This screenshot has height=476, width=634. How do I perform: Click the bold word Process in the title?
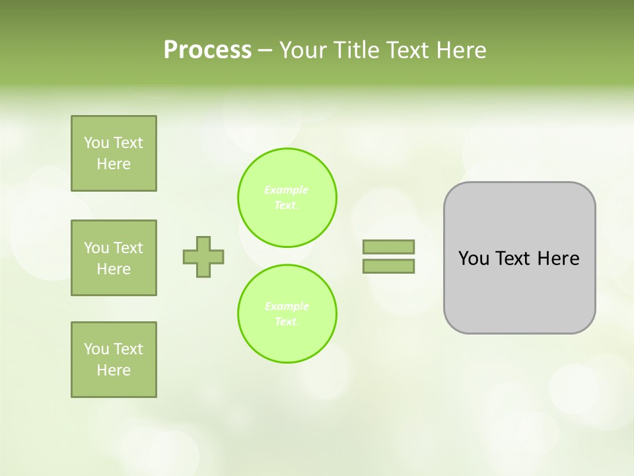coord(207,50)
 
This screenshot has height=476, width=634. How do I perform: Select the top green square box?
coord(114,153)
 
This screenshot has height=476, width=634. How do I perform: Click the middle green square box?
coord(114,258)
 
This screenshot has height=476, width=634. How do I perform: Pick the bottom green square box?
coord(114,360)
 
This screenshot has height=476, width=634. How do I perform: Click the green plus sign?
coord(203,257)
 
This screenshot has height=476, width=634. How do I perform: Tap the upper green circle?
coord(287,197)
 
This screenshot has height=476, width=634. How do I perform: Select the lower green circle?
coord(287,313)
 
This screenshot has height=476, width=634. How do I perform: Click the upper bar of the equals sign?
coord(388,247)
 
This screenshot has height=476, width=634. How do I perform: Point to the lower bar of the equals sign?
coord(388,266)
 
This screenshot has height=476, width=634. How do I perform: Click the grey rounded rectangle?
coord(520,291)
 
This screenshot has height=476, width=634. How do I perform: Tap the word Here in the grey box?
coord(558,258)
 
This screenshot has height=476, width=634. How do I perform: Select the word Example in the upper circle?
coord(286,190)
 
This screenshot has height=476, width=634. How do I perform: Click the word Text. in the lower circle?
coord(287,322)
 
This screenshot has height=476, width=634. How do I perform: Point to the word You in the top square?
coord(96,143)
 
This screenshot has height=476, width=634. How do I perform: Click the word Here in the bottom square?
coord(114,370)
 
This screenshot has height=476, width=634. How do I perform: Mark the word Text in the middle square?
coord(128,248)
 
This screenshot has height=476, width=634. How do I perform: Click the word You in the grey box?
coord(474,258)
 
